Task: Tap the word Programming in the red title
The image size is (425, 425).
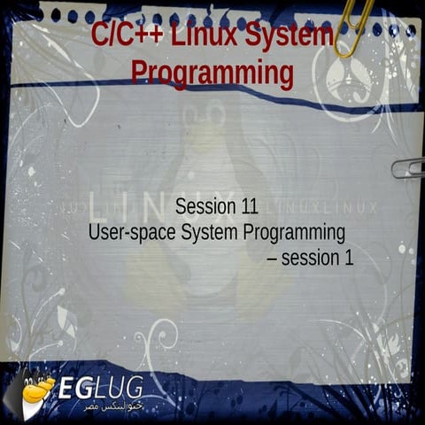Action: click(x=212, y=73)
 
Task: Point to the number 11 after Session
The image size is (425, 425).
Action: click(x=249, y=208)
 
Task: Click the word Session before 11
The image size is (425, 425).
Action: click(x=206, y=208)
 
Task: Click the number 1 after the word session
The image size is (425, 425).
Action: click(x=348, y=259)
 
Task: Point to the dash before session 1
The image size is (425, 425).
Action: click(x=272, y=259)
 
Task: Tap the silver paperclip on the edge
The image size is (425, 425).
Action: click(x=407, y=167)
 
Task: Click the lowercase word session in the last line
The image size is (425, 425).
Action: click(x=311, y=259)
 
